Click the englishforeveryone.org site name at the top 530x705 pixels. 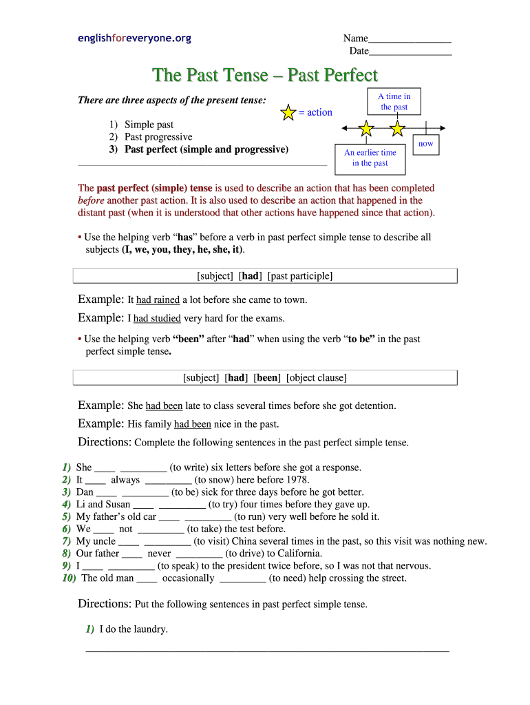pos(134,39)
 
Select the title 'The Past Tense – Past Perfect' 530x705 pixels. pos(265,74)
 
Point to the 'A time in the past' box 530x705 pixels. pos(394,102)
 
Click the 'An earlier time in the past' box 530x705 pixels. pos(370,158)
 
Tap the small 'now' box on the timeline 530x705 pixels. pos(426,144)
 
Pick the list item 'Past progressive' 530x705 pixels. pos(158,137)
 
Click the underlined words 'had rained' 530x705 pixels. pos(158,300)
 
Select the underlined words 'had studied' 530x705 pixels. pos(157,319)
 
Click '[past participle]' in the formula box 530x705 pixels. pos(300,276)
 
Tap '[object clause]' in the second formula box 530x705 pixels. pos(317,378)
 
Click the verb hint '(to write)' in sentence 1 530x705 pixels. pos(190,467)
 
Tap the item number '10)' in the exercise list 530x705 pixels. pos(69,578)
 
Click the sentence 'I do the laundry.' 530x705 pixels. pos(134,629)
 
